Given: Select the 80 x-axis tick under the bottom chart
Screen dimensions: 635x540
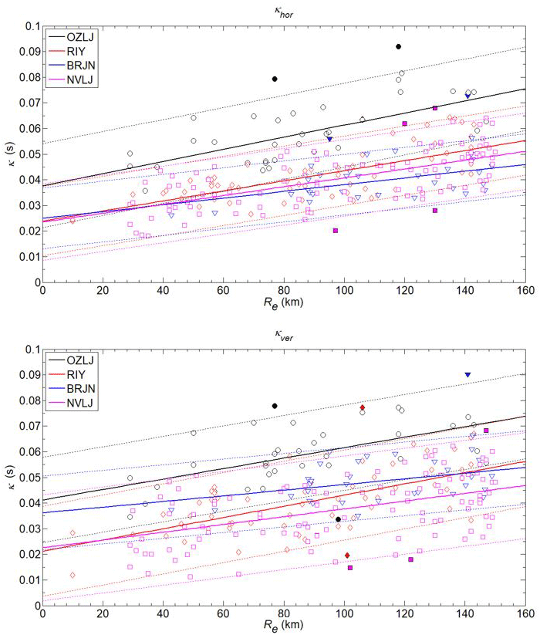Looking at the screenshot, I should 283,616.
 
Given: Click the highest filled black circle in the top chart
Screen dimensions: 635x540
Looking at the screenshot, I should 398,46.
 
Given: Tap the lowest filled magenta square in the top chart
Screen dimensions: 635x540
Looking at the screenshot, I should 336,231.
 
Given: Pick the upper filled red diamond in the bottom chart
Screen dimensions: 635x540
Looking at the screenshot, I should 362,407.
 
